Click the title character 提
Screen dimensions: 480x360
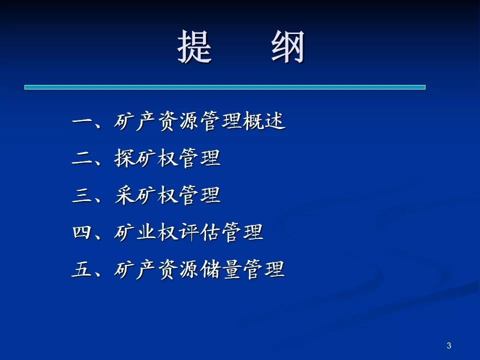coord(194,47)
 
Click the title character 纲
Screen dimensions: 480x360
coord(288,47)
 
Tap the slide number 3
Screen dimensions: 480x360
coord(449,345)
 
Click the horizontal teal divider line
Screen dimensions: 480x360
coord(225,87)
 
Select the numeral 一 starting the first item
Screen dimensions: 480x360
coord(82,120)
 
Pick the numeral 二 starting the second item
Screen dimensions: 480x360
coord(82,158)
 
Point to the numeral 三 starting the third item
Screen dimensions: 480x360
coord(82,195)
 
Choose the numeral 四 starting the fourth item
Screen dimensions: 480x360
coord(82,231)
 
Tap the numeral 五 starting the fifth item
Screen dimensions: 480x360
coord(82,269)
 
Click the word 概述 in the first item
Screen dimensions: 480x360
coord(264,121)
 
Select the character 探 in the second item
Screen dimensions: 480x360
coord(124,158)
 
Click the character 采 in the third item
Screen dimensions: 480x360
coord(124,195)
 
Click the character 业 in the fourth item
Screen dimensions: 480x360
coord(146,231)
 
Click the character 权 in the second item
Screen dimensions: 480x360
coord(167,158)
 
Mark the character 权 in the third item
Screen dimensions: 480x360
coord(167,195)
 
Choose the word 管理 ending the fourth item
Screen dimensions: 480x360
coord(242,231)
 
